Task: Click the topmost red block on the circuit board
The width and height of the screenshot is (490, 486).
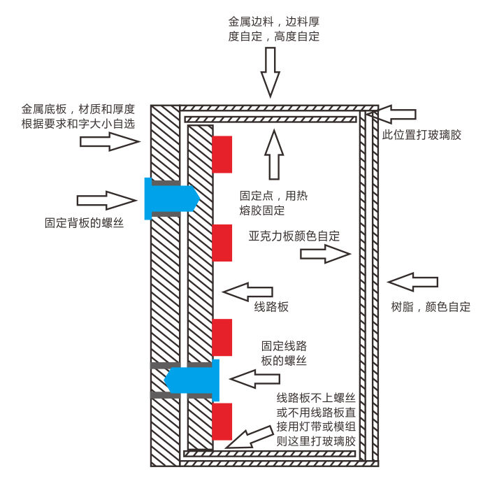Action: coord(222,154)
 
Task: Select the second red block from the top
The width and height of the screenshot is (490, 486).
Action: coord(222,243)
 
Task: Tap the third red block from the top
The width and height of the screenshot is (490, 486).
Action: coord(222,337)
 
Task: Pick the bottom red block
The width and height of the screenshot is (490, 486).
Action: coord(222,422)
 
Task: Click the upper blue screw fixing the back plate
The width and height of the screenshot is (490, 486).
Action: coord(171,199)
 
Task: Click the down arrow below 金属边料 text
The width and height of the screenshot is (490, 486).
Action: coord(270,72)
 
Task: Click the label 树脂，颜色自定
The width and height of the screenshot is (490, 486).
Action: coord(430,306)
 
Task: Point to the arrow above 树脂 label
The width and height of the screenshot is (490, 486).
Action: coord(412,283)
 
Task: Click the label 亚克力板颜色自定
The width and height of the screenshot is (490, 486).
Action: coord(294,236)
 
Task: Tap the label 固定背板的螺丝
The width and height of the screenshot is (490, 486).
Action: coord(85,223)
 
